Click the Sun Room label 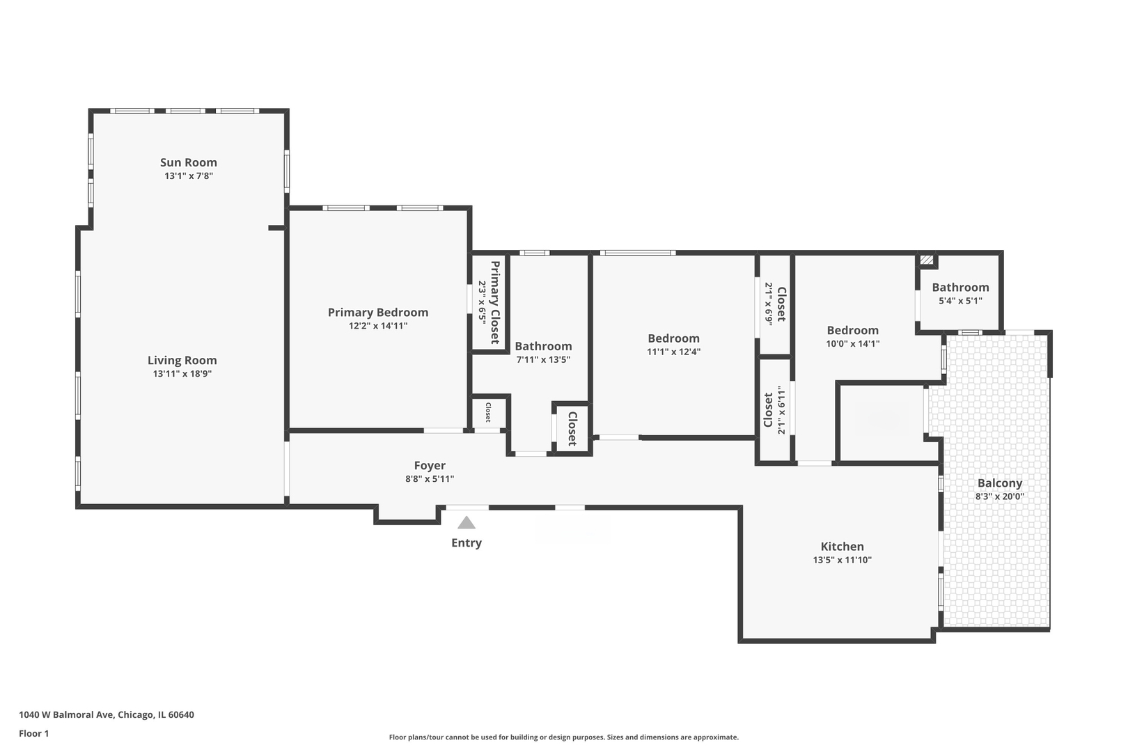pyautogui.click(x=189, y=162)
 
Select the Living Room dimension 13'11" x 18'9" pyautogui.click(x=182, y=374)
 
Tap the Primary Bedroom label pyautogui.click(x=377, y=313)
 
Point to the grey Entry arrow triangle pyautogui.click(x=466, y=523)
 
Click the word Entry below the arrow pyautogui.click(x=466, y=543)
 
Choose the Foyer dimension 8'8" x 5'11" pyautogui.click(x=430, y=479)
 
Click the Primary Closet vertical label pyautogui.click(x=495, y=302)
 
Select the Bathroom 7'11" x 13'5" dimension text pyautogui.click(x=543, y=360)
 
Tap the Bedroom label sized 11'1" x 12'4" pyautogui.click(x=673, y=338)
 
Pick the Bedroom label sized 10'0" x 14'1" pyautogui.click(x=852, y=330)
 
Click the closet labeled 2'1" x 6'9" pyautogui.click(x=775, y=304)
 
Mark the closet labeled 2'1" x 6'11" pyautogui.click(x=774, y=410)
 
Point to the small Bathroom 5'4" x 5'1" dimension pyautogui.click(x=960, y=301)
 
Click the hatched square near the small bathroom pyautogui.click(x=926, y=260)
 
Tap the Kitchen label pyautogui.click(x=842, y=547)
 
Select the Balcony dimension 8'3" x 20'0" pyautogui.click(x=999, y=497)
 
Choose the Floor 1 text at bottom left pyautogui.click(x=34, y=733)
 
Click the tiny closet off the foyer pyautogui.click(x=488, y=412)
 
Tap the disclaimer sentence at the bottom pyautogui.click(x=563, y=737)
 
